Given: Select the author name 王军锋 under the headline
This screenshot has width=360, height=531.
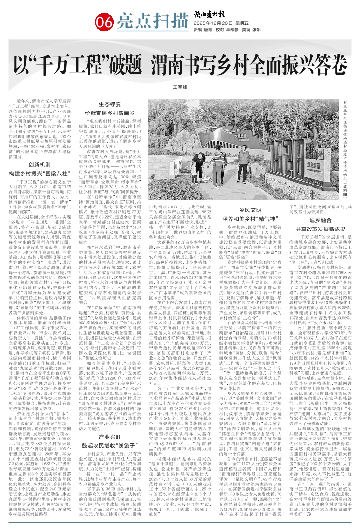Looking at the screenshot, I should (x=180, y=86).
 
